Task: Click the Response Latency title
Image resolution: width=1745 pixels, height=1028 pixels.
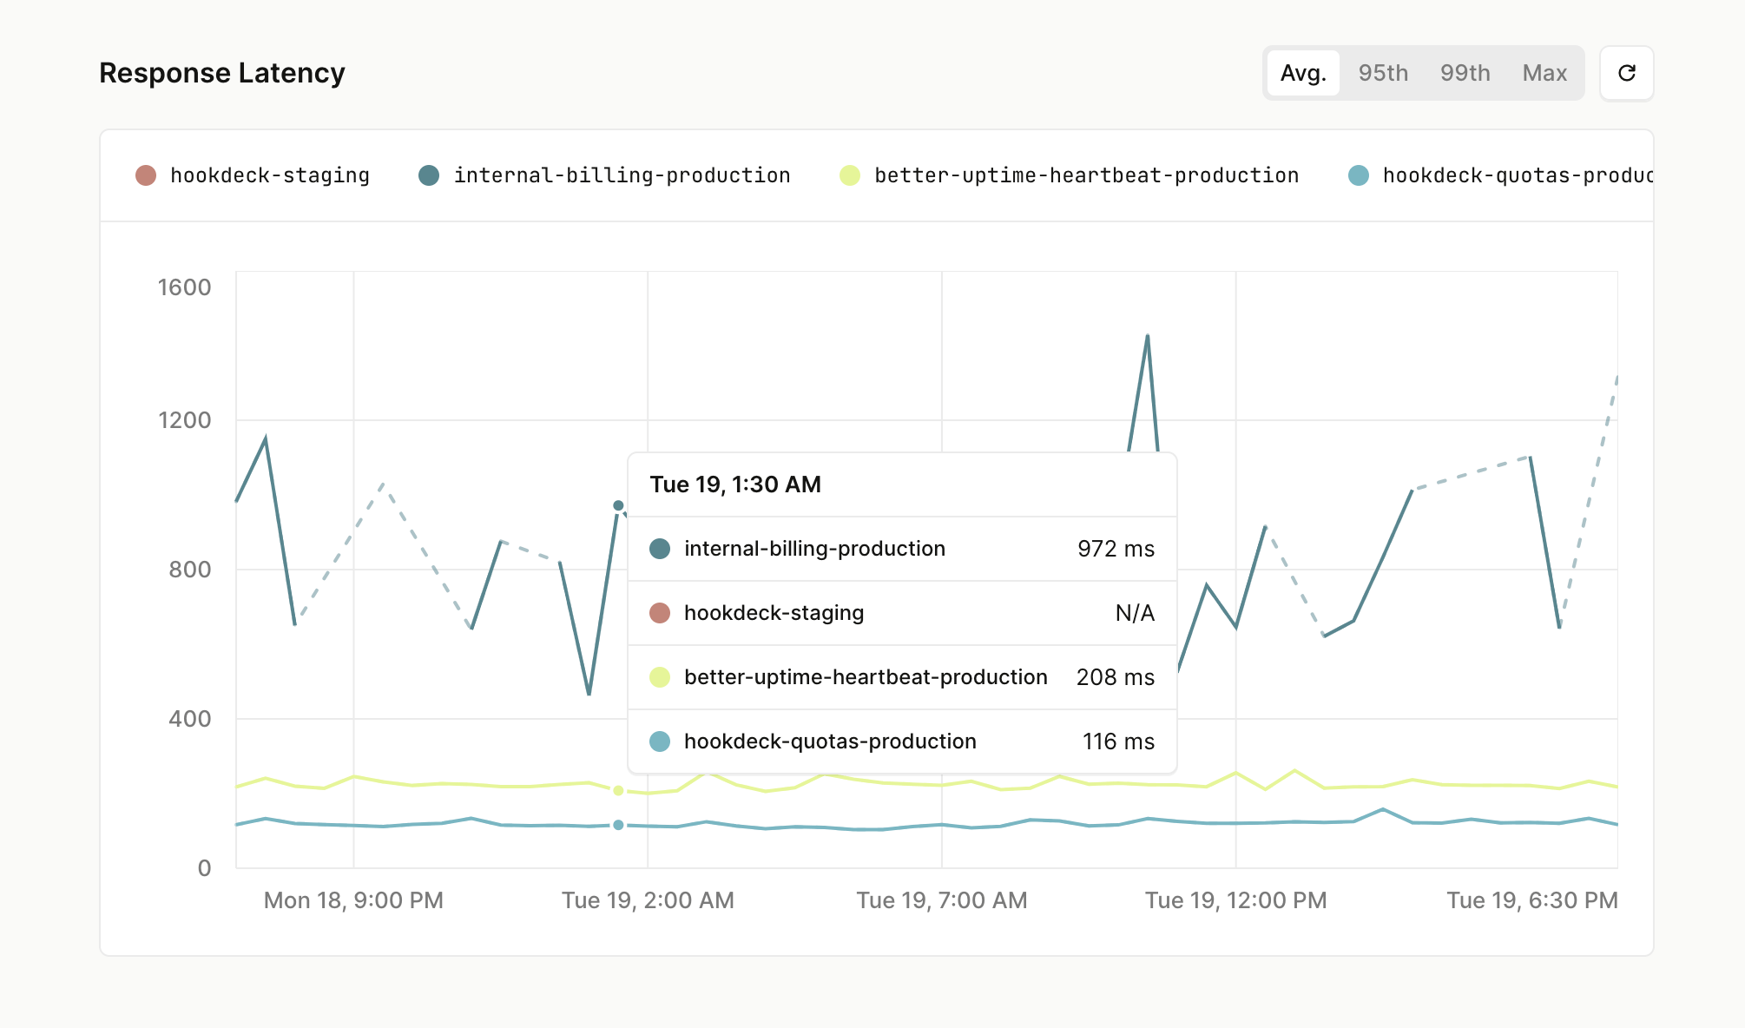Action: coord(222,73)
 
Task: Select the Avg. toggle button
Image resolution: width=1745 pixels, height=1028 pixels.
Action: coord(1303,73)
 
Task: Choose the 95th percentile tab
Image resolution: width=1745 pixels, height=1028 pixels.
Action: coord(1383,73)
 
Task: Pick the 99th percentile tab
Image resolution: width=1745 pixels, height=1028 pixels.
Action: coord(1465,73)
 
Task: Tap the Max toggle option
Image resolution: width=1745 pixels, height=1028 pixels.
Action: coord(1544,73)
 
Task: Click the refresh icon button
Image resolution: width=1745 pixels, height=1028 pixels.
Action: coord(1627,73)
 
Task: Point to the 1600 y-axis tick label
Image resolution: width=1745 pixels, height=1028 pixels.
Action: coord(184,287)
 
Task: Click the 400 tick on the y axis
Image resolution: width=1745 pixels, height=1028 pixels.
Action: coord(189,719)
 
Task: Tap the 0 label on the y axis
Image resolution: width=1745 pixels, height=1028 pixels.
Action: coord(204,868)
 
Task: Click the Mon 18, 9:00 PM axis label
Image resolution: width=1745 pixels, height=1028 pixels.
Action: coord(353,900)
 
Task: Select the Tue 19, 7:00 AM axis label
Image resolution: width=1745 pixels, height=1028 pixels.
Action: coord(942,900)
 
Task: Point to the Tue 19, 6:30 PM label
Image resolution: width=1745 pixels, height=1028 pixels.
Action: coord(1531,900)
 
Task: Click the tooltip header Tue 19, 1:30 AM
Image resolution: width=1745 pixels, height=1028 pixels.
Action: coord(735,484)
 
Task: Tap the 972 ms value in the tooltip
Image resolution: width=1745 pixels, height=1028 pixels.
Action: coord(1116,549)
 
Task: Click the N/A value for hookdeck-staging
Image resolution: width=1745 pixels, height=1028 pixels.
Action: coord(1135,613)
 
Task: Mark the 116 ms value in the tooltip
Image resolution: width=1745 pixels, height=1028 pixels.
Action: coord(1118,741)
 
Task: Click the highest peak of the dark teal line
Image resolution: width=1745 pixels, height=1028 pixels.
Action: coord(1148,336)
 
